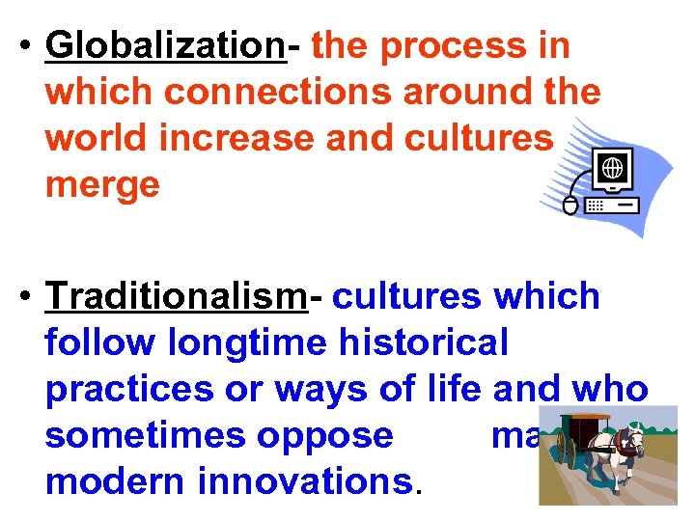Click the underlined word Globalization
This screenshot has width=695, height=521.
click(x=165, y=45)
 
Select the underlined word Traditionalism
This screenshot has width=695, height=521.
click(x=176, y=297)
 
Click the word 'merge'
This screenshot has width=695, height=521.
click(x=101, y=183)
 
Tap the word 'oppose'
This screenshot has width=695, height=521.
click(x=334, y=436)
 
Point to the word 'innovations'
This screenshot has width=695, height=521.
click(x=306, y=481)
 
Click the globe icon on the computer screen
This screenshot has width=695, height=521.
click(x=612, y=167)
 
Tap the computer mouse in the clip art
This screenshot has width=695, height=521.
click(x=570, y=206)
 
